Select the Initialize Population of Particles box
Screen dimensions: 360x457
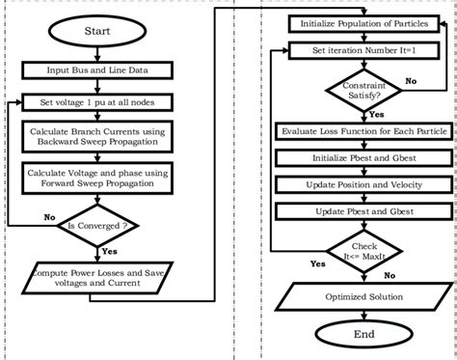coord(359,21)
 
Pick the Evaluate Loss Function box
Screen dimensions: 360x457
coord(359,130)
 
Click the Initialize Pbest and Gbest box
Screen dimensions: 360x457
coord(359,156)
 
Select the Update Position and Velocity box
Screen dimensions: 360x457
coord(359,183)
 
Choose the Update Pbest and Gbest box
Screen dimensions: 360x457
coord(359,210)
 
